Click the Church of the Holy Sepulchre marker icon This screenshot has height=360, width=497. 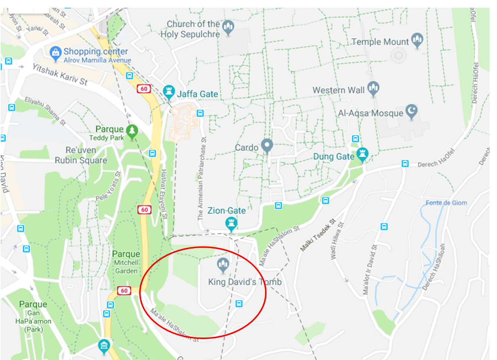click(x=228, y=27)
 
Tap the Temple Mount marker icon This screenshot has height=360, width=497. click(x=417, y=39)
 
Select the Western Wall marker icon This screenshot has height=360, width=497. click(x=373, y=88)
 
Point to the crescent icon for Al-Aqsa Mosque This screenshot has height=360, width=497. click(x=411, y=111)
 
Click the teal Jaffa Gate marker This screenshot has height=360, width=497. click(x=169, y=92)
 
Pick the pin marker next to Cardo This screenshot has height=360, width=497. click(x=267, y=146)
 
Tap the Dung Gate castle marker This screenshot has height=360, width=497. click(x=363, y=154)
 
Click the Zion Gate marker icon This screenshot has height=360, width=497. click(x=231, y=223)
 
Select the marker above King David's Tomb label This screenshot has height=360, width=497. click(x=223, y=265)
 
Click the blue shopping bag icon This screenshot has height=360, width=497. click(x=55, y=53)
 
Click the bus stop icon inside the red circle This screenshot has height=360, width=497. click(x=239, y=304)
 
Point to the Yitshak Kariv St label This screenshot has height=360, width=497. click(x=60, y=74)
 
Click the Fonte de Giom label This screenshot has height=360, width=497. click(x=446, y=203)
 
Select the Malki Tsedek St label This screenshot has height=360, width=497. click(x=318, y=235)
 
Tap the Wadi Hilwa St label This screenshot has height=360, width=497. click(x=337, y=241)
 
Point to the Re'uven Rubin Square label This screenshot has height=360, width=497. click(x=81, y=155)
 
